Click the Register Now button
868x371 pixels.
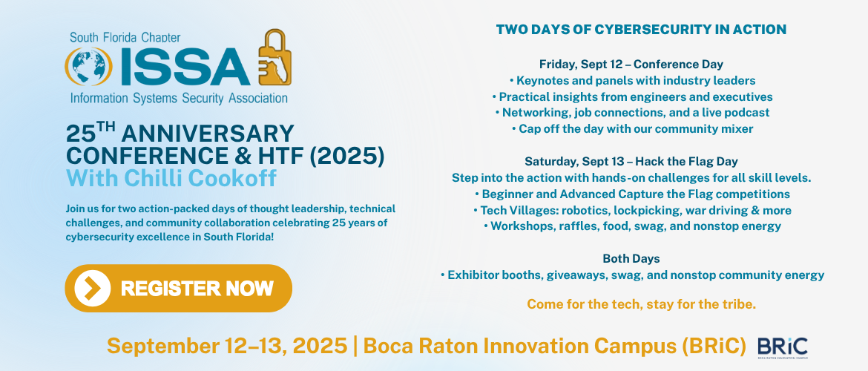coord(178,288)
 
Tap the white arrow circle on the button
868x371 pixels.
coord(93,288)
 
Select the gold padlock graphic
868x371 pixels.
coord(275,58)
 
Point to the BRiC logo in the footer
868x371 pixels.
coord(782,348)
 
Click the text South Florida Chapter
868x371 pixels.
coord(125,38)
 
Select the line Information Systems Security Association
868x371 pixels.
coord(179,99)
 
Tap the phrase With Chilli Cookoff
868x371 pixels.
coord(171,178)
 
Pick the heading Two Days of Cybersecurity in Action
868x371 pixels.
coord(641,30)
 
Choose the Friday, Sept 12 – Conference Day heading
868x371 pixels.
coord(631,65)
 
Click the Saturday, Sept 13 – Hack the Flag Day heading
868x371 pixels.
coord(631,162)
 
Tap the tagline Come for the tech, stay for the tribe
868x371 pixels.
coord(641,304)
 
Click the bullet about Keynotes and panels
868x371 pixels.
coord(632,81)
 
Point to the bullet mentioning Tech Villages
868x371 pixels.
coord(632,211)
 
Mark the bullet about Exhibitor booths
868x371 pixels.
coord(632,275)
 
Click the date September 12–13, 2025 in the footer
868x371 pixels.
coord(227,346)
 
